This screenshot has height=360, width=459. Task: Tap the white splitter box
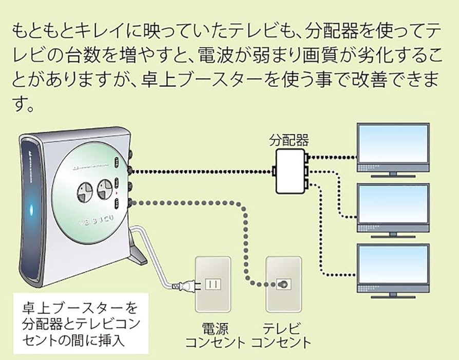[290, 170]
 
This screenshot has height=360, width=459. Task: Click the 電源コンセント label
[215, 334]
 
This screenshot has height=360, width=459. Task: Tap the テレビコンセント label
[280, 334]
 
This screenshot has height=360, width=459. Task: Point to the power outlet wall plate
[212, 283]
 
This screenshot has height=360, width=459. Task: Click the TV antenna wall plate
[281, 283]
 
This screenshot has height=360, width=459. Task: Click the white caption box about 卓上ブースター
[80, 324]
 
